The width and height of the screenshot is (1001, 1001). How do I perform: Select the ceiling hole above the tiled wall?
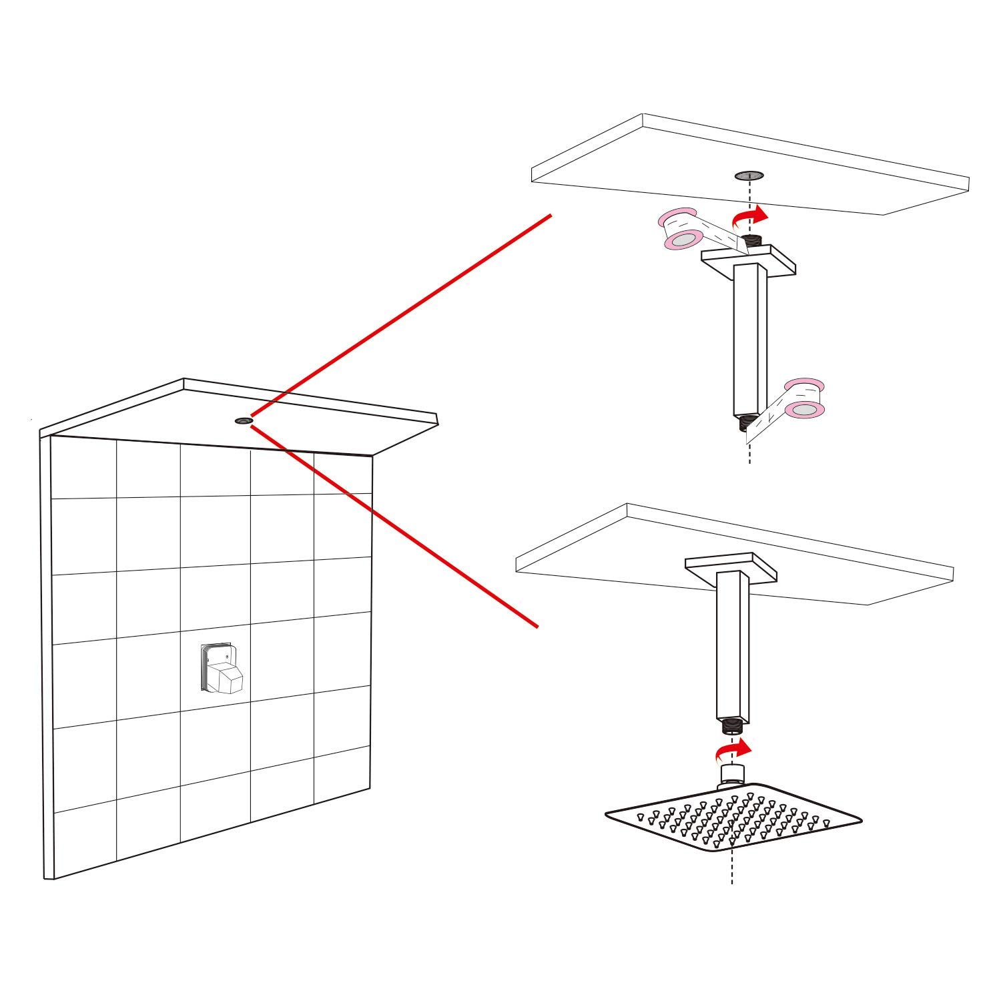(243, 420)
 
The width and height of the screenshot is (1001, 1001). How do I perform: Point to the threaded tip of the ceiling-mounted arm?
(733, 725)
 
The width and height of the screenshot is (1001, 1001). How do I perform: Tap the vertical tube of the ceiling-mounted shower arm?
(733, 644)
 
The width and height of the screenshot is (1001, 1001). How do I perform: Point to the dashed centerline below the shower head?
(732, 868)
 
